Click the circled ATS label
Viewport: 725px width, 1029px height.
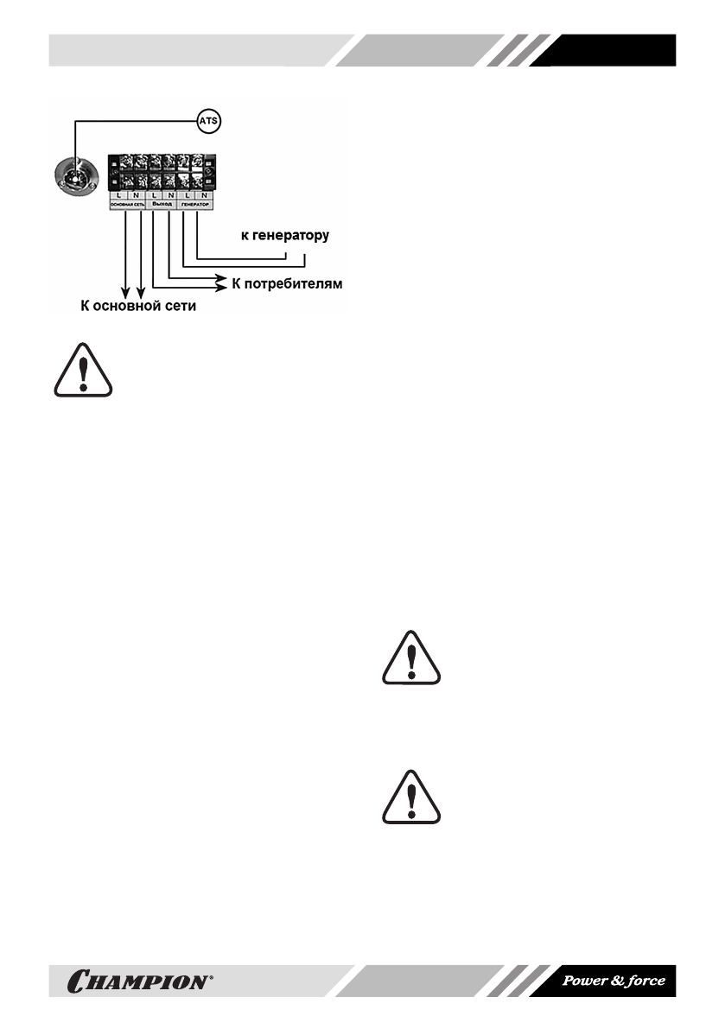pos(210,121)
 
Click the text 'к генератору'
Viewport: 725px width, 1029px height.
pos(284,235)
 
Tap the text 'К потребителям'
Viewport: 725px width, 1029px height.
pos(287,283)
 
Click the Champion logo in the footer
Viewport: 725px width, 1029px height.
pos(139,981)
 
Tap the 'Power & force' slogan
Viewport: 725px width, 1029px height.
pos(614,981)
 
